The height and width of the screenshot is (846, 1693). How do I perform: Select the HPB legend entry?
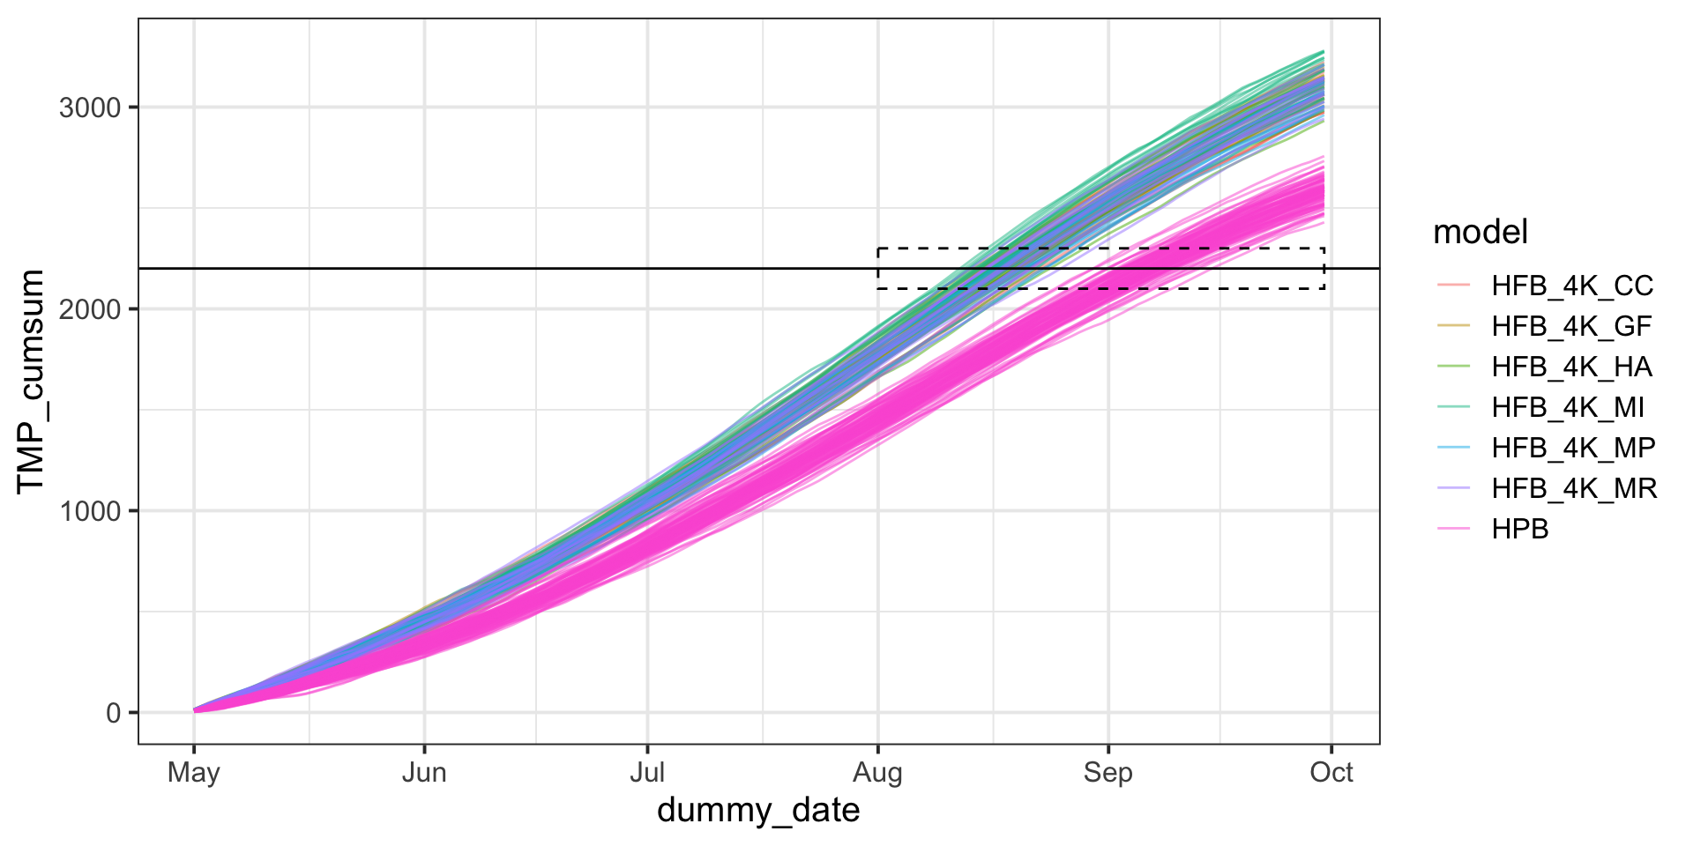[x=1520, y=529]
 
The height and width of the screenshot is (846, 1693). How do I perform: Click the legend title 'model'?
[x=1480, y=233]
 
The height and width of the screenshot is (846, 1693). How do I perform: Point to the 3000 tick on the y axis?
[x=89, y=108]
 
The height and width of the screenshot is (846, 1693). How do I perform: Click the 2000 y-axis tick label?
[x=89, y=309]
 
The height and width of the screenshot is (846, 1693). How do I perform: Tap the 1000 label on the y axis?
[x=89, y=511]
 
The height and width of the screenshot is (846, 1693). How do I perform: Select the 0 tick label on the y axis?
[x=114, y=713]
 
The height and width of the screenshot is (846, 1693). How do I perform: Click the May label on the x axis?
[x=194, y=773]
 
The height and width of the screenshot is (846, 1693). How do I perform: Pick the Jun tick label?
[x=424, y=773]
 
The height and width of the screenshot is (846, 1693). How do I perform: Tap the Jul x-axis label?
[x=647, y=773]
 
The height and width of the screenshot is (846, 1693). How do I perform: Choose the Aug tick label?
[x=877, y=773]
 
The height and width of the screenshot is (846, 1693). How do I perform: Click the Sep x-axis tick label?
[x=1108, y=773]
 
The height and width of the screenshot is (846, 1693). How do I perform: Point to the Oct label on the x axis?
[x=1331, y=773]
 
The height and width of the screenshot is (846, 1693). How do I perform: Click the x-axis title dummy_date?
[x=758, y=811]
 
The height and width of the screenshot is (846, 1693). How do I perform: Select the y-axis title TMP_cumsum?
[x=32, y=381]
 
